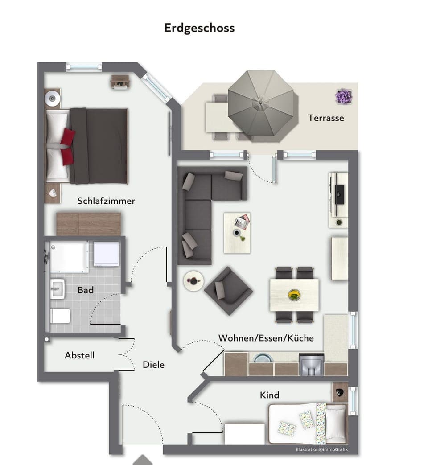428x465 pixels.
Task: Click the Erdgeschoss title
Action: click(x=199, y=28)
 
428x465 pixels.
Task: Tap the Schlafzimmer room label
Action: click(x=106, y=201)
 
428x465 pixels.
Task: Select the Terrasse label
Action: click(x=326, y=118)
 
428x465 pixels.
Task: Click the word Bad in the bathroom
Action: click(x=86, y=290)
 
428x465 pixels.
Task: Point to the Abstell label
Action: click(x=79, y=355)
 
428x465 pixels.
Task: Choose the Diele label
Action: click(x=153, y=365)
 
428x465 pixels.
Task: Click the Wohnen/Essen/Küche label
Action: click(x=266, y=338)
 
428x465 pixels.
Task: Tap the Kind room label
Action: click(x=270, y=395)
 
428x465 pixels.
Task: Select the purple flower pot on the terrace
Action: click(x=344, y=96)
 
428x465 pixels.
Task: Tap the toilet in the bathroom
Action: click(x=60, y=316)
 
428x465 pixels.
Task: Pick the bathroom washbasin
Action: click(x=57, y=289)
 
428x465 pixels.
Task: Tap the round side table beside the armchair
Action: click(x=193, y=281)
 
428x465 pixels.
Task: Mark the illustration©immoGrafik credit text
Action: click(x=321, y=449)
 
